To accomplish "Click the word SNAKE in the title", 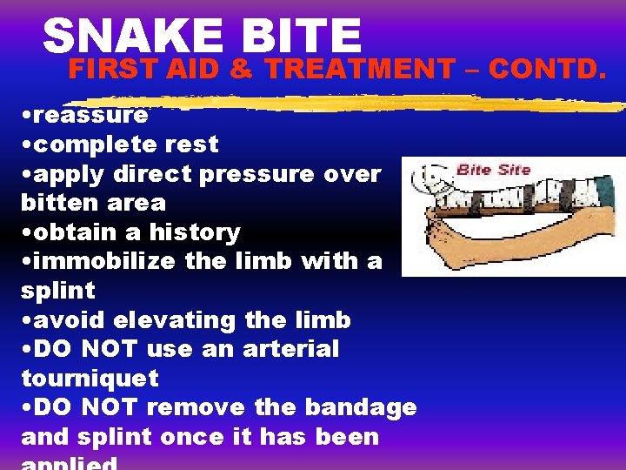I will pos(122,37).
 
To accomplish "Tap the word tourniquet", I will pos(90,379).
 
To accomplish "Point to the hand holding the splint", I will pos(435,235).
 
